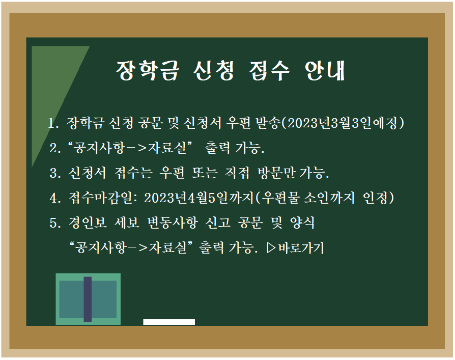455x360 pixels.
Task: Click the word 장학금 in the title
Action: coord(148,71)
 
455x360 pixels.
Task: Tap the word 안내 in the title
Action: coord(325,71)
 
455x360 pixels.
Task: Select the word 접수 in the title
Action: coord(269,71)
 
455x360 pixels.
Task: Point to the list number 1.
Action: coord(52,123)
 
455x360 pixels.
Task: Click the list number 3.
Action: coord(54,173)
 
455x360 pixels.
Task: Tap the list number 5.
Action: coord(54,223)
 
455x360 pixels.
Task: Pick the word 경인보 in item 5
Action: coord(88,223)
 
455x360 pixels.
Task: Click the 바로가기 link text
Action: coord(301,248)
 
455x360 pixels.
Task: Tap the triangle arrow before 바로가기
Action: coord(271,248)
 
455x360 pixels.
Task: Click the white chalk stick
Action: coord(169,322)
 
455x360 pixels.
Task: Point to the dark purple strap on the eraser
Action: coord(88,299)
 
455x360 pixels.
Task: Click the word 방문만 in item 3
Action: coord(276,173)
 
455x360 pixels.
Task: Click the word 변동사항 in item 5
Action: coord(173,223)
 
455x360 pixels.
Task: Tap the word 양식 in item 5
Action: coord(302,223)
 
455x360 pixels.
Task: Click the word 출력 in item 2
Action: coord(218,148)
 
